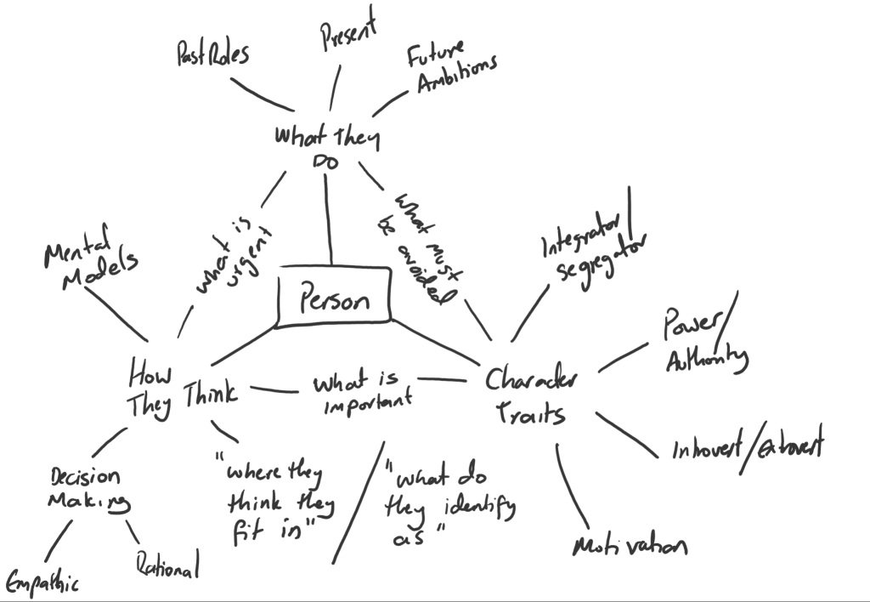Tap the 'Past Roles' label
(x=212, y=55)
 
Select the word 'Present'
(x=347, y=31)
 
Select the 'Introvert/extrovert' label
(x=746, y=446)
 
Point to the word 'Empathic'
(x=42, y=582)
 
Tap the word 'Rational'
(x=167, y=565)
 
